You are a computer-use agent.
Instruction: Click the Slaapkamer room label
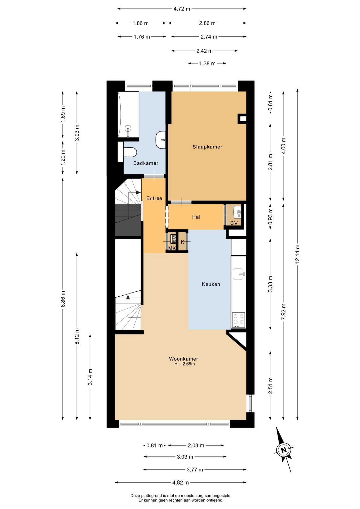[207, 147]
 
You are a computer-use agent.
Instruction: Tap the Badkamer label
[146, 163]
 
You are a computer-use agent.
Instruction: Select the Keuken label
[211, 284]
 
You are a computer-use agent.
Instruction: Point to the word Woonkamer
[183, 359]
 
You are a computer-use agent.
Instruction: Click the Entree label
[154, 198]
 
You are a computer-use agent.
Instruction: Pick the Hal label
[196, 217]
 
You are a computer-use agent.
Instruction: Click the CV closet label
[234, 223]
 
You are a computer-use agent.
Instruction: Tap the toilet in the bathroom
[130, 152]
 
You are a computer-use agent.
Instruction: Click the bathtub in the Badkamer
[128, 115]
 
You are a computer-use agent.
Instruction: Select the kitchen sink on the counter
[239, 274]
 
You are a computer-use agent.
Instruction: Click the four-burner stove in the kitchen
[239, 320]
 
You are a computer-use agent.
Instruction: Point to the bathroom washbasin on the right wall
[161, 140]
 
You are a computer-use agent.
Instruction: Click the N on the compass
[284, 450]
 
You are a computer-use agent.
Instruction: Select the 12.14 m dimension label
[297, 257]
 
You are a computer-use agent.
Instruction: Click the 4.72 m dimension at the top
[182, 9]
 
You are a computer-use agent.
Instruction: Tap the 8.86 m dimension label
[63, 299]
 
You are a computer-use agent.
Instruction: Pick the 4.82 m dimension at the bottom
[181, 482]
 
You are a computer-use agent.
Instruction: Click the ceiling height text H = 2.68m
[185, 364]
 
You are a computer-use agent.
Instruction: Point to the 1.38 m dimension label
[207, 63]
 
